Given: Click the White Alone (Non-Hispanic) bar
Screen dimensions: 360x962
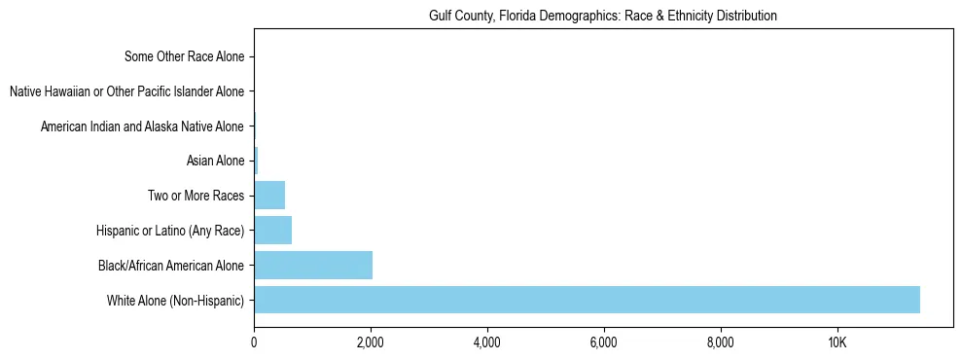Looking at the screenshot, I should [587, 300].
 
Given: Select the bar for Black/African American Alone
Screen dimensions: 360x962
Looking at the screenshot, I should [313, 265].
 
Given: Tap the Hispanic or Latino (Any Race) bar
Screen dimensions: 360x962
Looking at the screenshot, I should [272, 230].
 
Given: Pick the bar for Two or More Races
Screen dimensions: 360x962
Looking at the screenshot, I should [269, 196].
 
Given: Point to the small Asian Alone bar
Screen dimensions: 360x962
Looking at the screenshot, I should [256, 161].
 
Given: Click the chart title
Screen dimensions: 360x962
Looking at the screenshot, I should [603, 16].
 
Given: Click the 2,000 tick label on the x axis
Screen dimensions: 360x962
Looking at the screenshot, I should [370, 343].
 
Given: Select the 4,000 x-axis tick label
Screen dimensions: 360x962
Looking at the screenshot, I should [486, 343].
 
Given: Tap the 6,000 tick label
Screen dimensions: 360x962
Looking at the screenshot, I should [603, 343].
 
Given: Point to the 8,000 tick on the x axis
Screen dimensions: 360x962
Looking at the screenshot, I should [720, 343].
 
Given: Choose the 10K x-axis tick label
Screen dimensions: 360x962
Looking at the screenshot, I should [837, 343].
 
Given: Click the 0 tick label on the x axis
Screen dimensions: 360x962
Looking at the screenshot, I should [254, 343].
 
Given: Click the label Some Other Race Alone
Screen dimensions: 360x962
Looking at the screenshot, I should [185, 56].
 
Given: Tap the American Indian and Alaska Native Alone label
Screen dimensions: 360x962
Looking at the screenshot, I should [142, 126].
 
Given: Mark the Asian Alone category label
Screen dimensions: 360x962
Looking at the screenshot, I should [215, 161].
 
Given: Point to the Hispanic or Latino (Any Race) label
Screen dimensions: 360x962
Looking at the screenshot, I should [170, 231].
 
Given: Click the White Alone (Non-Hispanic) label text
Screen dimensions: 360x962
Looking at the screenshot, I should [176, 300].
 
